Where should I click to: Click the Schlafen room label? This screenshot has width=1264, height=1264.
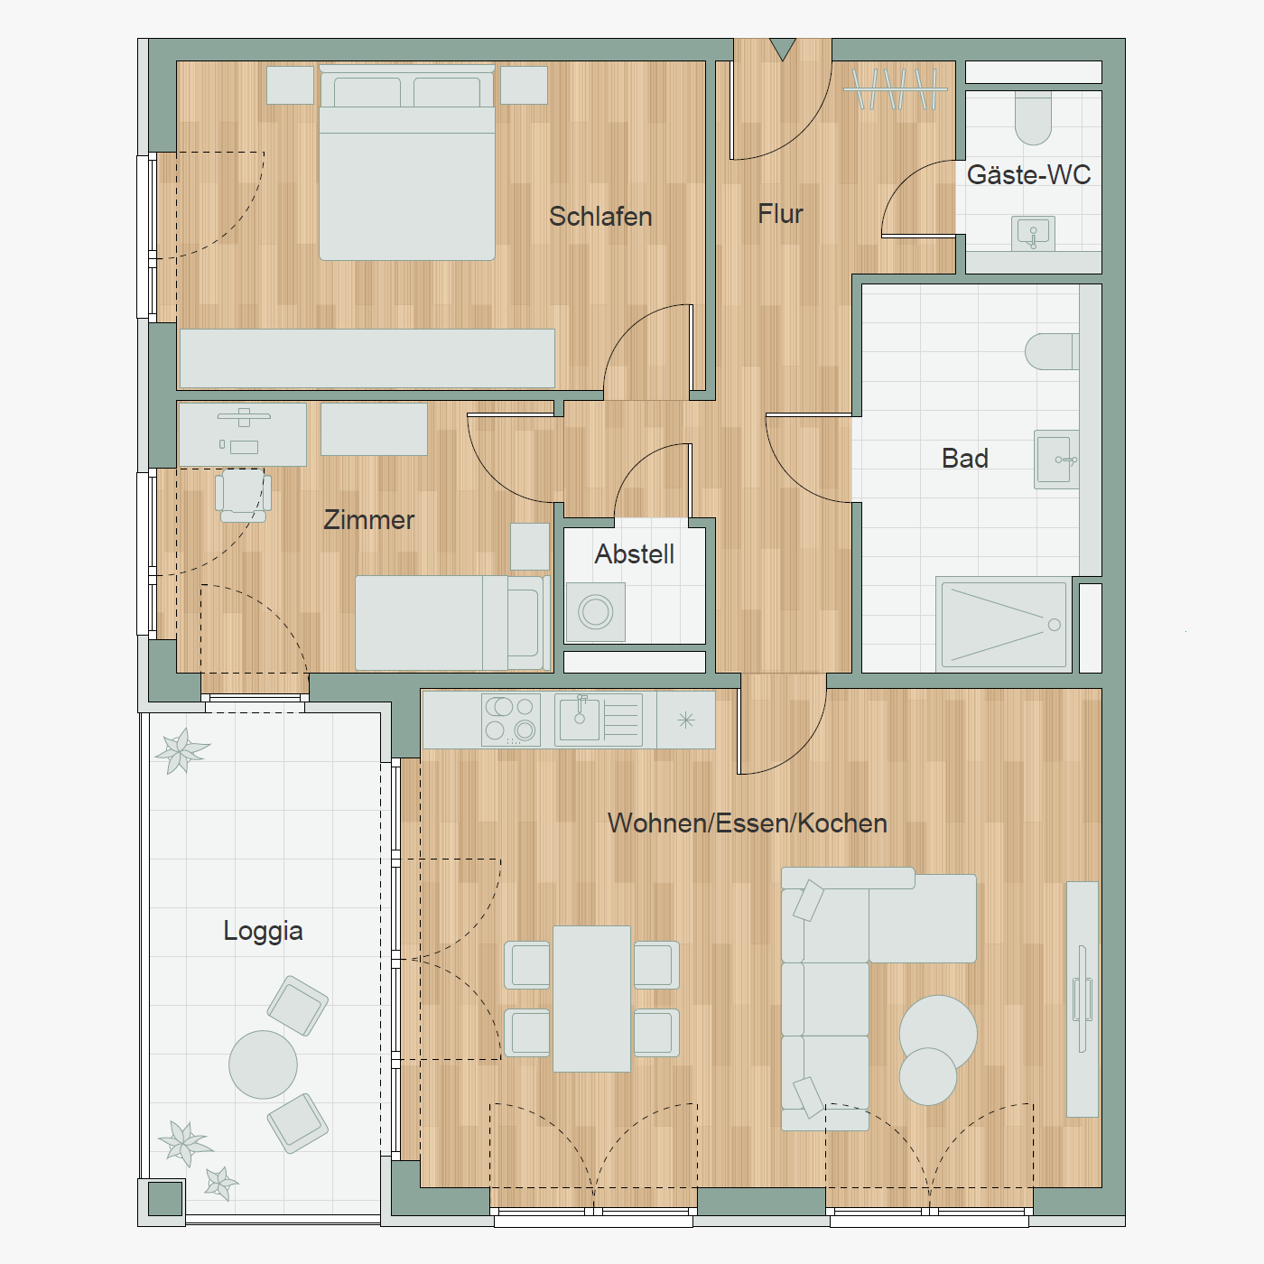point(600,217)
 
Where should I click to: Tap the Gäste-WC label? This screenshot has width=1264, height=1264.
point(1028,174)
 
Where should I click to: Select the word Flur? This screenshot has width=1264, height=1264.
point(780,214)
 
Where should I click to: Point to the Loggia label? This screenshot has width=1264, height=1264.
point(263,931)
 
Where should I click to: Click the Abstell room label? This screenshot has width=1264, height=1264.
point(635,554)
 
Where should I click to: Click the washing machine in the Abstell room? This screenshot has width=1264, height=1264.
point(596,612)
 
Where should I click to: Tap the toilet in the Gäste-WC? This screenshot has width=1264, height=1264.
point(1033,118)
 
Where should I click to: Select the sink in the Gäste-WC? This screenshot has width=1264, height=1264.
point(1033,234)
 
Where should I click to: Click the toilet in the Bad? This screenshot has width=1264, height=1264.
point(1052,351)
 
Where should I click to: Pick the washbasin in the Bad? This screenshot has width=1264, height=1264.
point(1056,460)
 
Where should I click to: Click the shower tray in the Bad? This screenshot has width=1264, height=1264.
point(1004,625)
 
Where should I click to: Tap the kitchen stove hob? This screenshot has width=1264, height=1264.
point(511,720)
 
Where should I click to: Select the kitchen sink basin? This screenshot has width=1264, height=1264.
point(580,720)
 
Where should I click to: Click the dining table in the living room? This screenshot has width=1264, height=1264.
point(591,999)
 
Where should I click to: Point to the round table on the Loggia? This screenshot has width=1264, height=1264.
point(263,1064)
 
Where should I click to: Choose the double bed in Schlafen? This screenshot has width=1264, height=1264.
point(406,163)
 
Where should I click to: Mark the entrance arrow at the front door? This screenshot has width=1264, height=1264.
point(783,49)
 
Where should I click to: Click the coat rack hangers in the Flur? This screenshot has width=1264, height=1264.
point(896,88)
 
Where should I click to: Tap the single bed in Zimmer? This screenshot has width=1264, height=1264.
point(452,623)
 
